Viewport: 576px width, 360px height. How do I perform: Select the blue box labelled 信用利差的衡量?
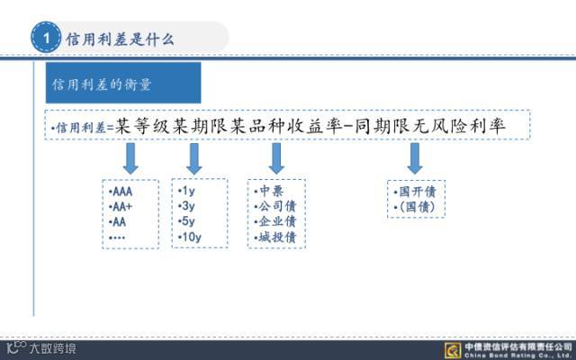[x=123, y=84]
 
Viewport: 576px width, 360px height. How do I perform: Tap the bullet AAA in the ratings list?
[x=119, y=192]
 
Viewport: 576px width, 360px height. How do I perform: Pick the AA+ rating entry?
[x=120, y=206]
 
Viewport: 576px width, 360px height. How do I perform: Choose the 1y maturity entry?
[x=189, y=192]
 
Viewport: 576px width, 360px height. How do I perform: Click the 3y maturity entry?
[x=189, y=206]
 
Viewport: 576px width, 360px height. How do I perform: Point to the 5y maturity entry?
[x=189, y=221]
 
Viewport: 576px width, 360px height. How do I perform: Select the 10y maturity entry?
[x=191, y=237]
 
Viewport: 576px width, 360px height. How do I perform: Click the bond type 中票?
[x=269, y=192]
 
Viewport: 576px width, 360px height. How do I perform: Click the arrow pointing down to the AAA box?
[x=130, y=158]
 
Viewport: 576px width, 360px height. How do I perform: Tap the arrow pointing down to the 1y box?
[x=193, y=158]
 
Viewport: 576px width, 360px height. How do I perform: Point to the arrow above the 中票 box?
[x=276, y=158]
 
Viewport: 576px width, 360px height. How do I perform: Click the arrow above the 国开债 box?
[x=415, y=158]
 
